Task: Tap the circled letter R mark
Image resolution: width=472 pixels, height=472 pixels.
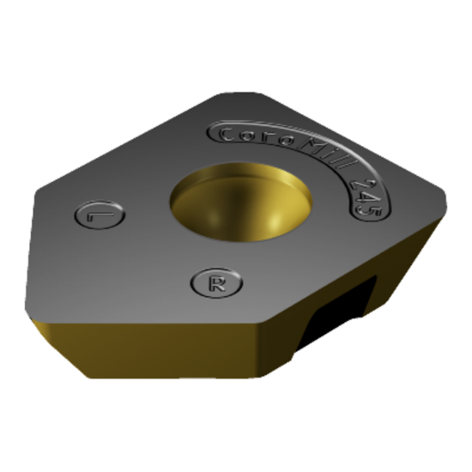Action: coord(216,283)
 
